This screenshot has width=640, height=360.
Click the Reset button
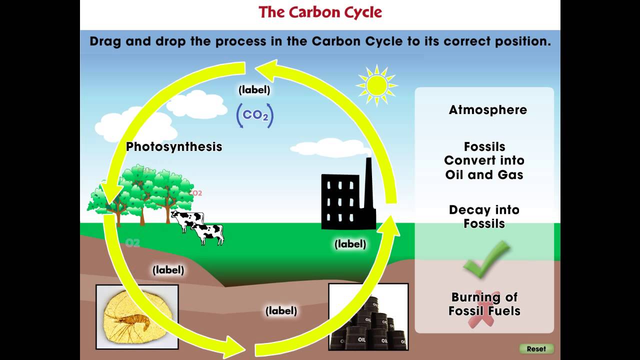point(536,348)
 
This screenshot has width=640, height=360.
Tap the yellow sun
point(376,85)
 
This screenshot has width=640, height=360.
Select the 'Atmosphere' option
point(487,110)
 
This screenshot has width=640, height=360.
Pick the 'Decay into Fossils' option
point(484,216)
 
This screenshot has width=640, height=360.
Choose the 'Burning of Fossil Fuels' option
point(484,304)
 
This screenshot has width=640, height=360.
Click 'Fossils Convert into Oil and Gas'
point(484,160)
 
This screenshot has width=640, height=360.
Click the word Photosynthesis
point(173,146)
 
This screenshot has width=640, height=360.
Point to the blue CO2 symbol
point(255,115)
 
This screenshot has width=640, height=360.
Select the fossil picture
point(137,316)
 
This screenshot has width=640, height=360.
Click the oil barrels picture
point(368,316)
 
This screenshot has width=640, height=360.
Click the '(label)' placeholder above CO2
point(254,90)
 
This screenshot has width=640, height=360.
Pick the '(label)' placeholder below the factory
point(350,244)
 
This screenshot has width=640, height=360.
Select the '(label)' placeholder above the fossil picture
point(168,270)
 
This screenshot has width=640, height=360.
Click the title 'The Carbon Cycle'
point(320,12)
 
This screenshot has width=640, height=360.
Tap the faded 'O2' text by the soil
point(132,243)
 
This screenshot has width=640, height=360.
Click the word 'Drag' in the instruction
point(105,41)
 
